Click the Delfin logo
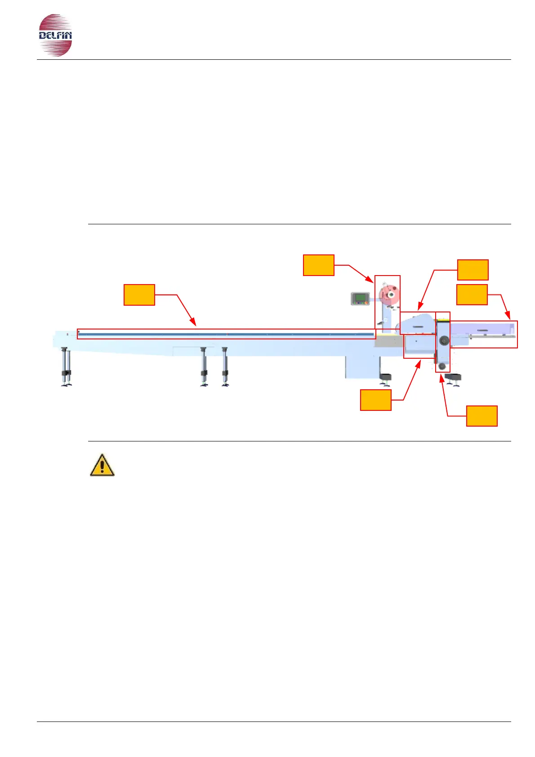point(55,36)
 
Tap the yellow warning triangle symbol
point(102,465)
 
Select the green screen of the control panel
point(360,297)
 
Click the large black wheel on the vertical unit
point(444,341)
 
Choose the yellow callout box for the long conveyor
point(139,295)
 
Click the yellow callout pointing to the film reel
point(319,265)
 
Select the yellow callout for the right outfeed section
point(472,295)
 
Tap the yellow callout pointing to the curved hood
point(473,270)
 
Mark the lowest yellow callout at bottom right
point(482,416)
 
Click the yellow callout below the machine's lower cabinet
point(376,400)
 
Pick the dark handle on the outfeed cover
point(482,331)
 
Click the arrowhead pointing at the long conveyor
point(194,323)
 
